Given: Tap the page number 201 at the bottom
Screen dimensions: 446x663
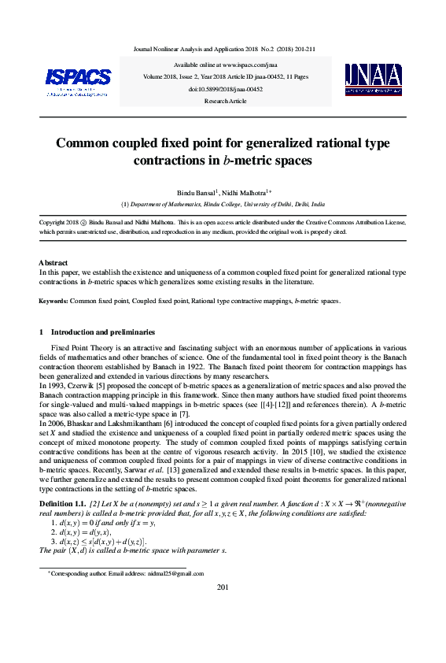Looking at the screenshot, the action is point(223,609).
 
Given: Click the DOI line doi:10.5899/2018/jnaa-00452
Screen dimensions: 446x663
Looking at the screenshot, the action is point(223,90).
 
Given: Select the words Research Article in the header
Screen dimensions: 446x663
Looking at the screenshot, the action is point(223,102).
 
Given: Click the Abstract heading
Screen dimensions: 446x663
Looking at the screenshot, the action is point(53,262).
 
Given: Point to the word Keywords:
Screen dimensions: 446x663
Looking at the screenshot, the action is point(53,302).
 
